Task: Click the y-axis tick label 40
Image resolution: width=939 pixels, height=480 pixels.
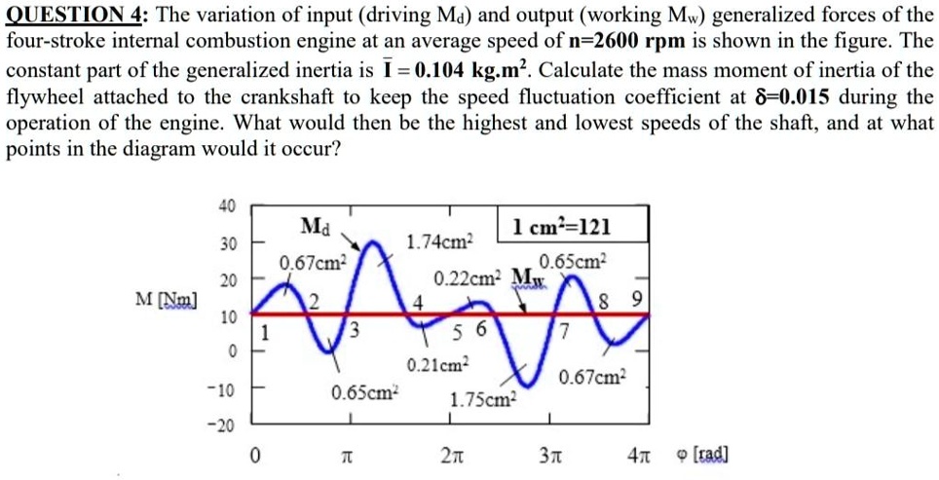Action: click(226, 205)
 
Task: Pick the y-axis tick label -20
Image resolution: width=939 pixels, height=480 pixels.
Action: click(223, 426)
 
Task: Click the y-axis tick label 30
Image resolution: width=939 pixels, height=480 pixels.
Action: click(226, 241)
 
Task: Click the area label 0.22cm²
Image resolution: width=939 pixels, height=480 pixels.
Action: click(467, 277)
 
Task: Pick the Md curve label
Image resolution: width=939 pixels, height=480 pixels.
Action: click(317, 228)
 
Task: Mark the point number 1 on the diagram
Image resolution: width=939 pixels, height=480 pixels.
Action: click(262, 331)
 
